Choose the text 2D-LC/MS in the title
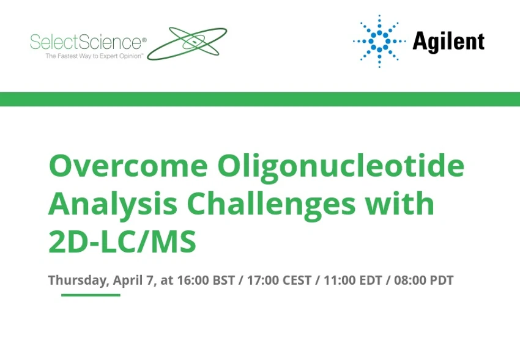pyautogui.click(x=122, y=242)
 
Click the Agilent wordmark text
pyautogui.click(x=448, y=42)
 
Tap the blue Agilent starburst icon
pyautogui.click(x=379, y=41)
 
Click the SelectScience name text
pyautogui.click(x=86, y=42)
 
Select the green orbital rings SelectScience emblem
pyautogui.click(x=187, y=43)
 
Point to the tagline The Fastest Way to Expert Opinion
pyautogui.click(x=95, y=56)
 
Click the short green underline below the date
pyautogui.click(x=91, y=295)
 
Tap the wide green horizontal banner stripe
pyautogui.click(x=260, y=99)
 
